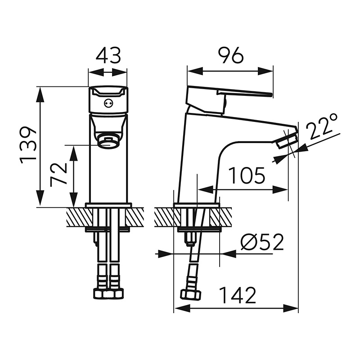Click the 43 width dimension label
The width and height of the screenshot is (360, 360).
click(x=108, y=56)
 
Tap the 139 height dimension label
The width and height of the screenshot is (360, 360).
click(x=28, y=144)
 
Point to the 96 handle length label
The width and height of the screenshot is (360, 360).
click(x=230, y=55)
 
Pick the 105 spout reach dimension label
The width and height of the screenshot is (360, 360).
click(x=247, y=175)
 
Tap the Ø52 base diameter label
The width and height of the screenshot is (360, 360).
click(x=262, y=243)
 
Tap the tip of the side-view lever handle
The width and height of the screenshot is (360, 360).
click(x=271, y=94)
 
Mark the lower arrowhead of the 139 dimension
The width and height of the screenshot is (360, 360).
click(x=40, y=198)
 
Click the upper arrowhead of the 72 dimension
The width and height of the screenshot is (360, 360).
click(x=73, y=154)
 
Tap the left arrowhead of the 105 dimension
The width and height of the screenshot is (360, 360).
click(x=205, y=189)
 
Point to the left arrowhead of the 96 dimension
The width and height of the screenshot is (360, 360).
click(x=195, y=71)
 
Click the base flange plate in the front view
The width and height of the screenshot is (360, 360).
click(x=108, y=205)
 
